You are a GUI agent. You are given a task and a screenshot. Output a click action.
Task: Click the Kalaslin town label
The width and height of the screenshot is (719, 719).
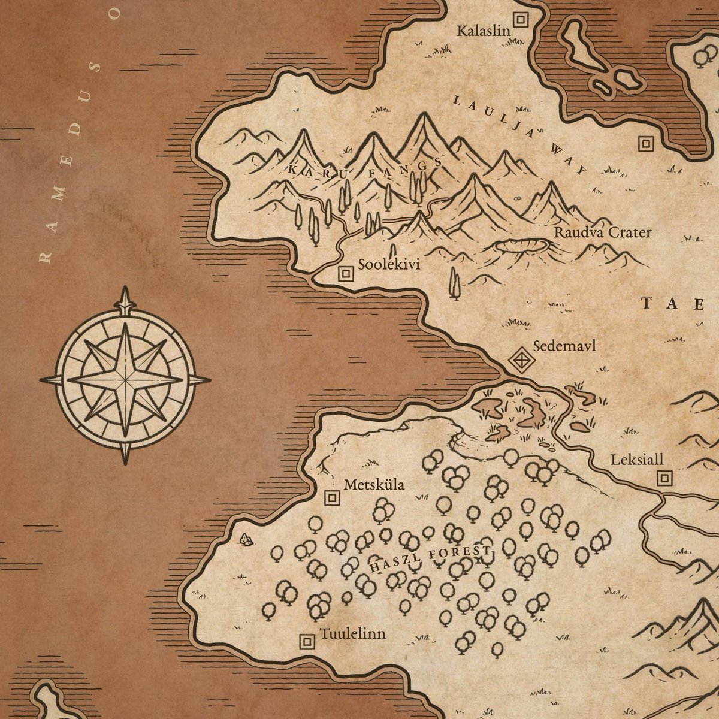(x=483, y=31)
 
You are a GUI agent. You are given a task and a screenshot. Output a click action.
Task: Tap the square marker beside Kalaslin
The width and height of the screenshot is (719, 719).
(x=521, y=20)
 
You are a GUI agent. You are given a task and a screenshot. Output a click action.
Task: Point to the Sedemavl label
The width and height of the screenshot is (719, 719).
(x=564, y=346)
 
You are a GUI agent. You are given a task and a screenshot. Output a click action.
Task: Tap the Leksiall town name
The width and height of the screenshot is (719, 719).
(x=637, y=460)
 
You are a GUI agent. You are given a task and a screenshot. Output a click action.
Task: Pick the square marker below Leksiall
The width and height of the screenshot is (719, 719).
(x=664, y=478)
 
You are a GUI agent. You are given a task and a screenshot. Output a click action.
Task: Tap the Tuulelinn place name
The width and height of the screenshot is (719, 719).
(x=352, y=634)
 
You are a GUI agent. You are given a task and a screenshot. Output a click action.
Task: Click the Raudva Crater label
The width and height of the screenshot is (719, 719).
(x=602, y=232)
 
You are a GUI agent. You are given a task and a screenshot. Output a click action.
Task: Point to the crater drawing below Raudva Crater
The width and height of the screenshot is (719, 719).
(x=522, y=245)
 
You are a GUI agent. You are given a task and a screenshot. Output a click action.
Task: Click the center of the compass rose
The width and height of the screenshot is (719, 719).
(x=125, y=379)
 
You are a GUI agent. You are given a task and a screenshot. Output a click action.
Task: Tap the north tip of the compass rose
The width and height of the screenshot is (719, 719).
(x=125, y=289)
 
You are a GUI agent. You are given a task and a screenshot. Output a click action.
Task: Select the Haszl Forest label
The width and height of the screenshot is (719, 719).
(x=431, y=558)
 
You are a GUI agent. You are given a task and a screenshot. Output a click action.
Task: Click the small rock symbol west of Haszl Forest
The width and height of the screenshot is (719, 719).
(x=245, y=540)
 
